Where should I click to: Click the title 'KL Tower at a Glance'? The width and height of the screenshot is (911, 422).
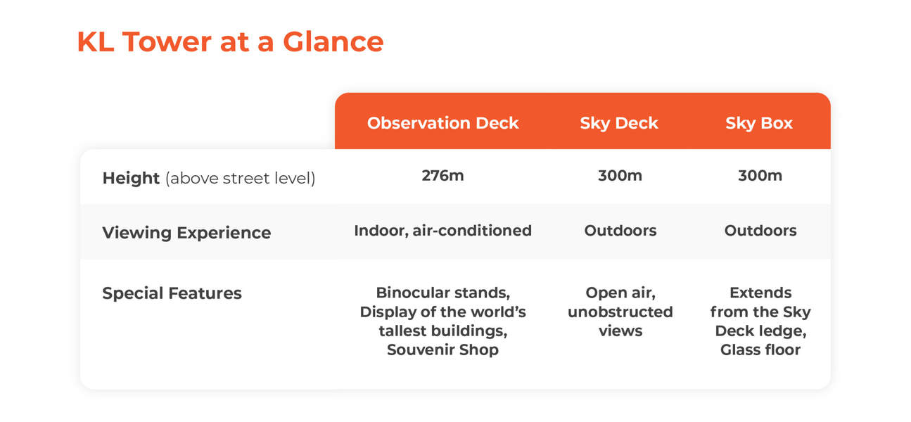pos(230,42)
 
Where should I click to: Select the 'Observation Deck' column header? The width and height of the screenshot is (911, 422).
pos(442,123)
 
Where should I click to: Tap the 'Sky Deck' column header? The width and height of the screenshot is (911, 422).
pos(619,123)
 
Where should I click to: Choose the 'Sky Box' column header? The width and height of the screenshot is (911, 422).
pos(759,123)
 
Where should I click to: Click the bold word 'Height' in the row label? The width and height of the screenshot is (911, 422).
pos(132,179)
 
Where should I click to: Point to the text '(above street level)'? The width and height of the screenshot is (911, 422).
pos(240,179)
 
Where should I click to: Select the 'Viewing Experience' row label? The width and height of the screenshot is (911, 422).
pos(186,233)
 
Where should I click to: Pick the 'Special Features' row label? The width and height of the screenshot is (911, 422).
pos(172,293)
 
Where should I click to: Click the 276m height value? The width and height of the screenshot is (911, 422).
pos(442,176)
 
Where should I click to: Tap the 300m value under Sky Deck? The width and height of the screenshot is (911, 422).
pos(620,176)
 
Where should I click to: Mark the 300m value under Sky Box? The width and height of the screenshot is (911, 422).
pos(760,176)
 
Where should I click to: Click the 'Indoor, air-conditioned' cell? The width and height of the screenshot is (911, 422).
pos(442,231)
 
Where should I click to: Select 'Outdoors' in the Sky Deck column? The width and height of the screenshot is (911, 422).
pos(620,231)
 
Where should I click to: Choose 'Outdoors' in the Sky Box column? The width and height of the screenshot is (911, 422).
pos(760,231)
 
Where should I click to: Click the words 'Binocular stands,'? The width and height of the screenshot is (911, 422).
pos(442,293)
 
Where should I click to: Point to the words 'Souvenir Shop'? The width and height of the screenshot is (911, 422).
pos(442,350)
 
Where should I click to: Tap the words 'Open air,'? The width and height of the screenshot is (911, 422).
pos(620,293)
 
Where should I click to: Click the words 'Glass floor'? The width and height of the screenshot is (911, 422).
pos(760,350)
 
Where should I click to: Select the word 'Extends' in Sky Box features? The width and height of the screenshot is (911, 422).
pos(760,293)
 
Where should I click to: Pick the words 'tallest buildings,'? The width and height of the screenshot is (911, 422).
pos(442,331)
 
